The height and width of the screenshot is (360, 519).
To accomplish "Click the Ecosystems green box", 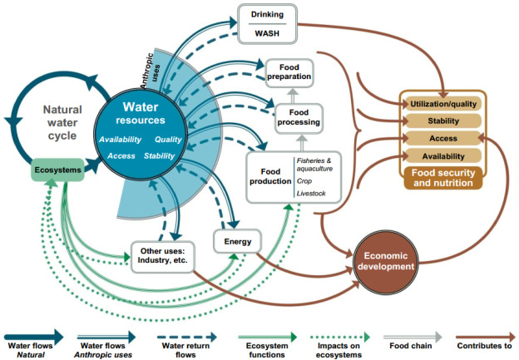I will [56, 172].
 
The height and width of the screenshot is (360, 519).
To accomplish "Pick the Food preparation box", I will [288, 72].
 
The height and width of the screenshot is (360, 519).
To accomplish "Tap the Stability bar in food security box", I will [442, 121].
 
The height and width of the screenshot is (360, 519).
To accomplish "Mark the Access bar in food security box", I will [442, 138].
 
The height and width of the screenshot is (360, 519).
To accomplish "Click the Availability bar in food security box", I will [442, 155].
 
